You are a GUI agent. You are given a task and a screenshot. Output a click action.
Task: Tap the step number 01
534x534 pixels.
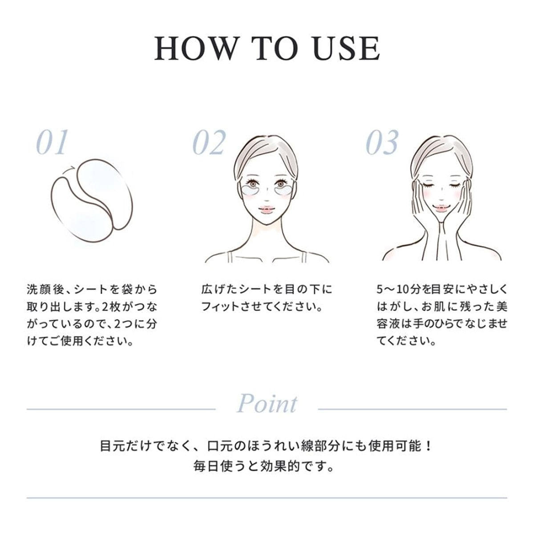tap(52, 142)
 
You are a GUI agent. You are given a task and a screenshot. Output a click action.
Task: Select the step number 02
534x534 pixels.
tap(209, 142)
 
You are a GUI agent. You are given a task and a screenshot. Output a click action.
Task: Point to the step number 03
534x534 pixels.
tap(382, 142)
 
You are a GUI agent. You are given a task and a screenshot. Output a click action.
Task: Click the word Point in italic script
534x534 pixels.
tap(267, 404)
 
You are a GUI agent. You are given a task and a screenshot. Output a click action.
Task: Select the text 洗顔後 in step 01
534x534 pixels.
tap(44, 289)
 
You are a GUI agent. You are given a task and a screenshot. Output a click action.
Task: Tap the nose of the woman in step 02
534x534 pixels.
tap(267, 198)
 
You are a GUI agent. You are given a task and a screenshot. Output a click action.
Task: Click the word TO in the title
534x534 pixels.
tap(271, 48)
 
